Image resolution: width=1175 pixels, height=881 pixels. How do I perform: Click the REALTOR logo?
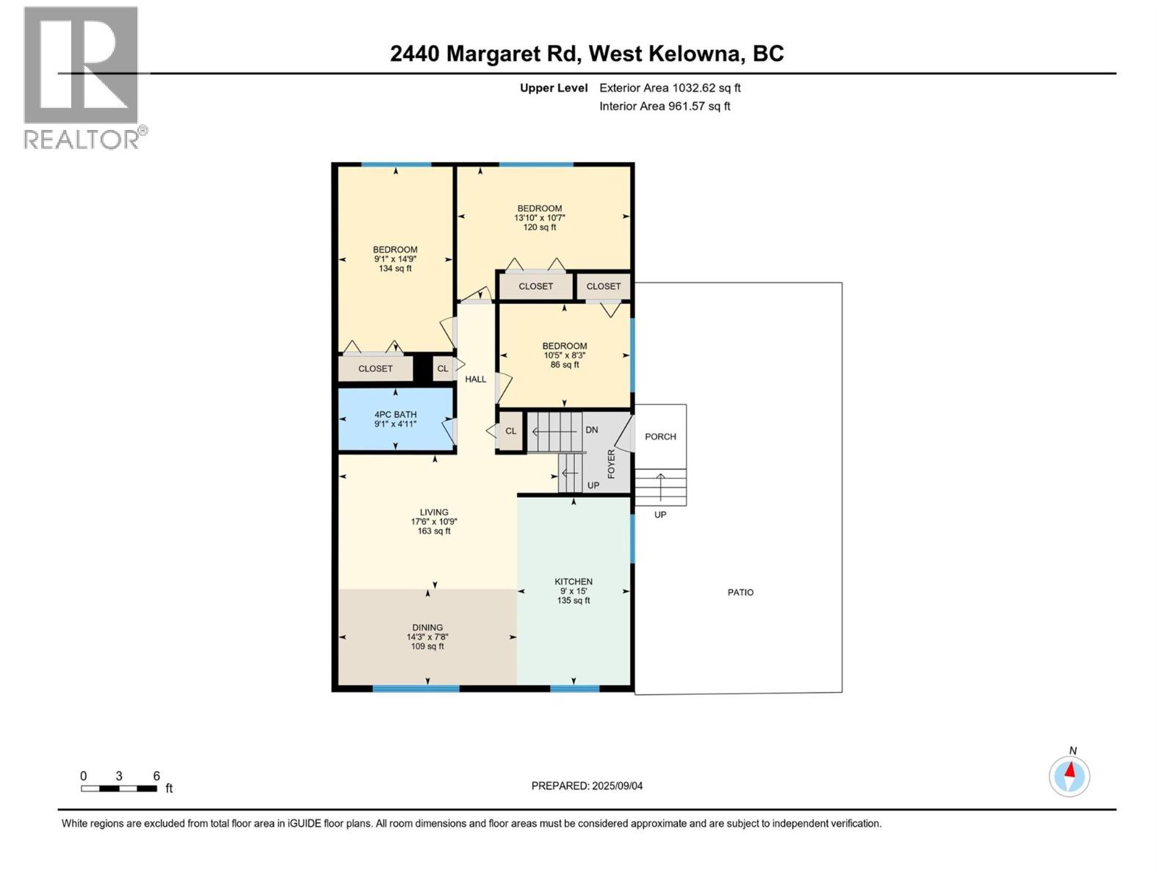pyautogui.click(x=82, y=77)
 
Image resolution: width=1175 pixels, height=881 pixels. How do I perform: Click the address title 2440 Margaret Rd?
pyautogui.click(x=587, y=54)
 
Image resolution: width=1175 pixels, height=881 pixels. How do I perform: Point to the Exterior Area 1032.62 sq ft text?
pyautogui.click(x=670, y=88)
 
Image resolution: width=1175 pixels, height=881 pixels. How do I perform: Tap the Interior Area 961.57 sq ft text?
pyautogui.click(x=665, y=106)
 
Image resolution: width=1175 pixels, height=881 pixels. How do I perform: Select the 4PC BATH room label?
pyautogui.click(x=395, y=419)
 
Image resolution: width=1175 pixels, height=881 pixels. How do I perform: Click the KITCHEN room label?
pyautogui.click(x=574, y=590)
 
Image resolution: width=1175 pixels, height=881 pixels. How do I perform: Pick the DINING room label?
pyautogui.click(x=427, y=637)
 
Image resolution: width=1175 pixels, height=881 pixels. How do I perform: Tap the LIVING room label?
pyautogui.click(x=434, y=521)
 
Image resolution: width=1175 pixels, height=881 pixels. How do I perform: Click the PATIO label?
pyautogui.click(x=740, y=592)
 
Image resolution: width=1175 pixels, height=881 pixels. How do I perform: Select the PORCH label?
pyautogui.click(x=660, y=437)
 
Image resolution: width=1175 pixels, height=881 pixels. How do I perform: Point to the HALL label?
pyautogui.click(x=476, y=380)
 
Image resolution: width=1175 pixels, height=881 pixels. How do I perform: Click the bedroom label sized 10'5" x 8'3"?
pyautogui.click(x=565, y=355)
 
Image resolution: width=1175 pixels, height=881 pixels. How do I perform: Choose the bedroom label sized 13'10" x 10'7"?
pyautogui.click(x=540, y=217)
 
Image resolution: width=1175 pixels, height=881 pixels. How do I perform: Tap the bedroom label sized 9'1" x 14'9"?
pyautogui.click(x=395, y=258)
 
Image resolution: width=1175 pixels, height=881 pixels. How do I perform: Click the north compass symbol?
pyautogui.click(x=1069, y=775)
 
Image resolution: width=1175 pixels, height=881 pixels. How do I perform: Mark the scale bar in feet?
pyautogui.click(x=119, y=788)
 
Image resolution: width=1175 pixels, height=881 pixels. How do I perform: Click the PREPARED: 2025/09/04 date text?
pyautogui.click(x=587, y=786)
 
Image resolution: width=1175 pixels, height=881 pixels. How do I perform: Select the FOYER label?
pyautogui.click(x=611, y=464)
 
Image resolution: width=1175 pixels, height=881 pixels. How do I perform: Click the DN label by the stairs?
pyautogui.click(x=591, y=430)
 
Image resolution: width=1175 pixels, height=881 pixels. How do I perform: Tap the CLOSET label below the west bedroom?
pyautogui.click(x=375, y=369)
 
